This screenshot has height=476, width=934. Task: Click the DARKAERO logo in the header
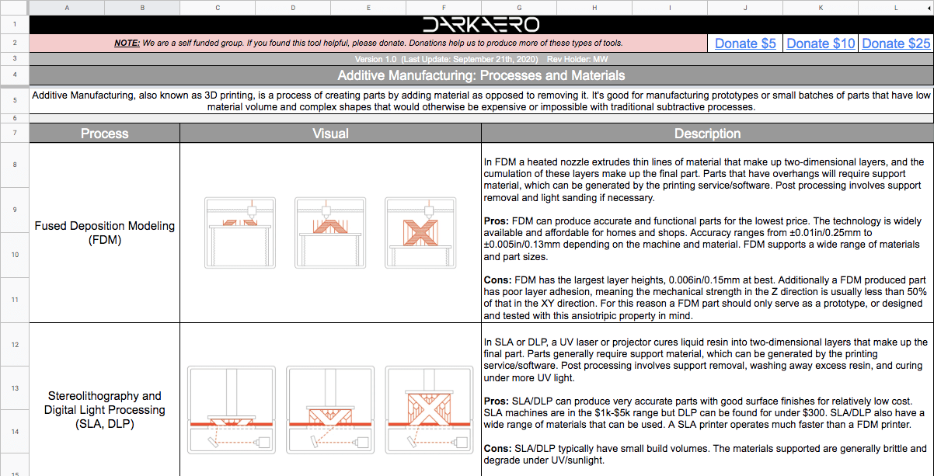click(480, 24)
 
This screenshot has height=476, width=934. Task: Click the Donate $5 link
click(745, 43)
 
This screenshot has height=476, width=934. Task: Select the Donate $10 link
click(821, 43)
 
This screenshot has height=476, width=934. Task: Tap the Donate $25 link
click(896, 43)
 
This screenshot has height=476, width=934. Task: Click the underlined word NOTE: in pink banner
click(127, 43)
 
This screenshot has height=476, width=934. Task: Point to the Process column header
click(104, 134)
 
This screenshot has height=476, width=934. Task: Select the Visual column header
click(330, 134)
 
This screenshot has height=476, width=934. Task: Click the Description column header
click(707, 134)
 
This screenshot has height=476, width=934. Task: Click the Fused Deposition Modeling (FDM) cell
click(104, 233)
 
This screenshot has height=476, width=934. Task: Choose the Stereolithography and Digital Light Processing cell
click(104, 409)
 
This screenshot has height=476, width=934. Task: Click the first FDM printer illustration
click(239, 233)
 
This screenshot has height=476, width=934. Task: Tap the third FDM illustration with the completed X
click(420, 233)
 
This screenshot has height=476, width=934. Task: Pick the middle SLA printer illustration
click(329, 409)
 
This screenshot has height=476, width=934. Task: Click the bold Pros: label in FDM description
click(497, 221)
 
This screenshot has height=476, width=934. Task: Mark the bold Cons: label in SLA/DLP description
click(497, 449)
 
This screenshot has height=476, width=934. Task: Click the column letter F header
click(443, 8)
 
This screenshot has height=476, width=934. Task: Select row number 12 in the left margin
click(14, 344)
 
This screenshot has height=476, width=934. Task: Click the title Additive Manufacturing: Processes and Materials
click(480, 75)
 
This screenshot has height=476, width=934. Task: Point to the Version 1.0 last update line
click(480, 59)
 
